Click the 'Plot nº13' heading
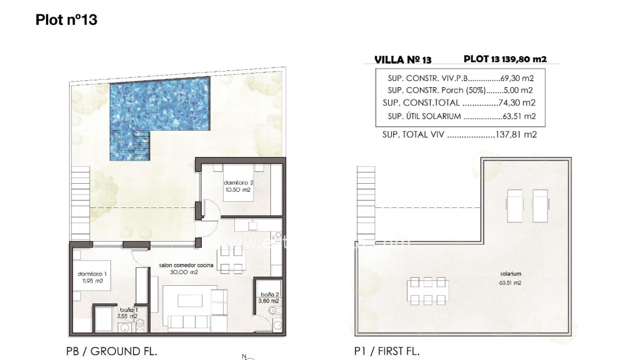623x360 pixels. [x=67, y=20]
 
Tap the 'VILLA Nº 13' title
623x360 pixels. [x=402, y=60]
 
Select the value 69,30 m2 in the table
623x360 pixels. [x=518, y=79]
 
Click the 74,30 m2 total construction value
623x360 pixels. [x=518, y=103]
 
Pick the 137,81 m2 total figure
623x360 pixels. [x=518, y=134]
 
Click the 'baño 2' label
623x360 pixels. [x=269, y=295]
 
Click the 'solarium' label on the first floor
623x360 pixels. [x=510, y=274]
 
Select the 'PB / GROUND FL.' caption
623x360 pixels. [x=111, y=351]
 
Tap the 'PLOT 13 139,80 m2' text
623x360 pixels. [x=505, y=59]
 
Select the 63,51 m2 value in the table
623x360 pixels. [x=520, y=116]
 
